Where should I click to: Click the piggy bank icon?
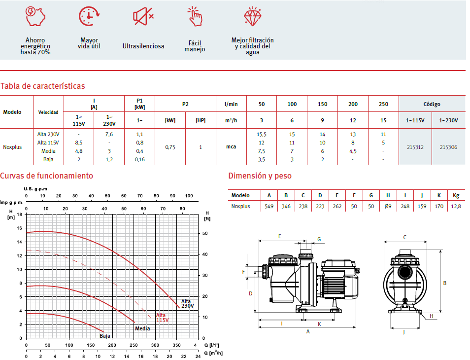pyautogui.click(x=35, y=16)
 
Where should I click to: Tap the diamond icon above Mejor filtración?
pyautogui.click(x=252, y=16)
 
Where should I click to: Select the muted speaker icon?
pyautogui.click(x=143, y=16)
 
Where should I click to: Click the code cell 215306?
pyautogui.click(x=448, y=147)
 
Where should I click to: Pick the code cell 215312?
pyautogui.click(x=415, y=147)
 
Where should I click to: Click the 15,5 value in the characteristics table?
pyautogui.click(x=262, y=135)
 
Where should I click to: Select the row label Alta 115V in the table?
pyautogui.click(x=48, y=143)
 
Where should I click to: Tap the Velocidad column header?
pyautogui.click(x=48, y=112)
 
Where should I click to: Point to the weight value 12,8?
pyautogui.click(x=456, y=206)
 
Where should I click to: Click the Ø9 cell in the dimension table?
pyautogui.click(x=388, y=206)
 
